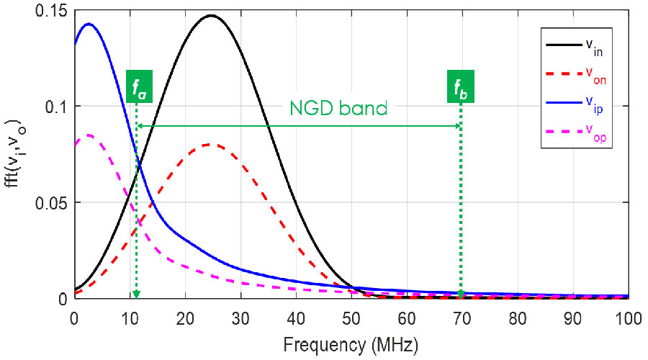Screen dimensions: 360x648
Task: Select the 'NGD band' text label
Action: click(x=338, y=109)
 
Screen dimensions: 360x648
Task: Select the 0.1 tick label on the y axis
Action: click(x=57, y=106)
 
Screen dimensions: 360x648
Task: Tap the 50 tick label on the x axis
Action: click(x=351, y=316)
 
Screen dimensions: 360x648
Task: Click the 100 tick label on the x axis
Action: click(x=628, y=316)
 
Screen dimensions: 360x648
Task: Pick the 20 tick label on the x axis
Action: click(x=185, y=316)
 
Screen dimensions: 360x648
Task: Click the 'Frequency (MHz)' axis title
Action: click(x=351, y=344)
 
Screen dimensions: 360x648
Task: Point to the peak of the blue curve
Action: click(x=89, y=24)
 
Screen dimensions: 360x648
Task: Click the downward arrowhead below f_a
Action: click(x=136, y=294)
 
